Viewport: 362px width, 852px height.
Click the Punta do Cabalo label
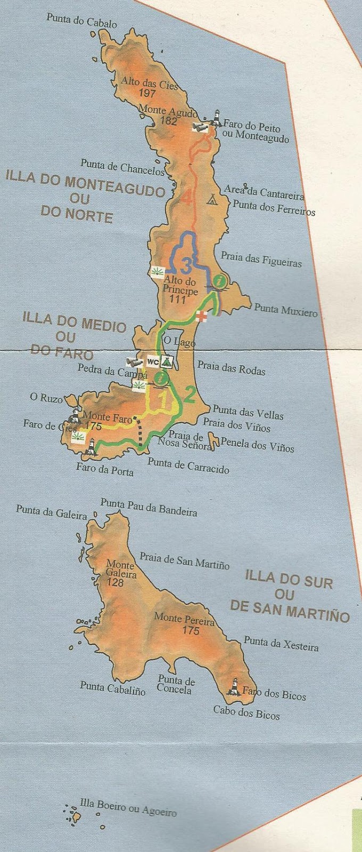[x=81, y=21]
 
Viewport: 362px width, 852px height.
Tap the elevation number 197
[x=146, y=93]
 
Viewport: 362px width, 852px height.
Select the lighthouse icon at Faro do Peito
[x=217, y=118]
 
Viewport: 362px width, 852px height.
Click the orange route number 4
[x=186, y=198]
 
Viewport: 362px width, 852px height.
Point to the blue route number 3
[x=186, y=264]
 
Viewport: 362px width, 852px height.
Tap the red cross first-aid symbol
[x=201, y=316]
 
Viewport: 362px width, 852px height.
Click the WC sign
[x=152, y=361]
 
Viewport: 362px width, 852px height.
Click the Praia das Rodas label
[x=231, y=367]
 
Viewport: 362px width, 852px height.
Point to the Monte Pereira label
[x=184, y=619]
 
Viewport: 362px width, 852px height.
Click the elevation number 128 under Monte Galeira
[x=115, y=583]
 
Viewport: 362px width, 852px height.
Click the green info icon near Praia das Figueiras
[x=218, y=280]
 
